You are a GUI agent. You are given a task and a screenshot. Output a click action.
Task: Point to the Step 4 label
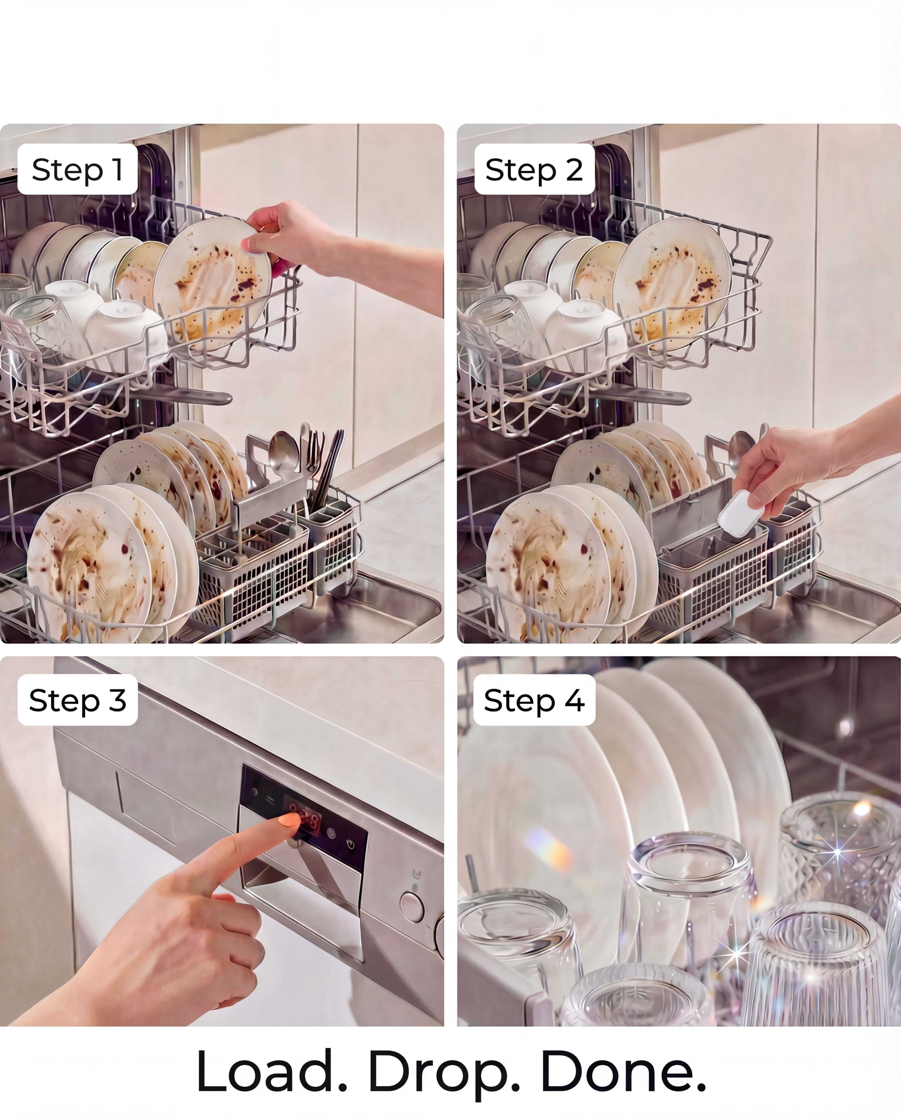tap(534, 700)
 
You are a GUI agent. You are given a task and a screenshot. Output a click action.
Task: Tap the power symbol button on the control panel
tap(351, 845)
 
